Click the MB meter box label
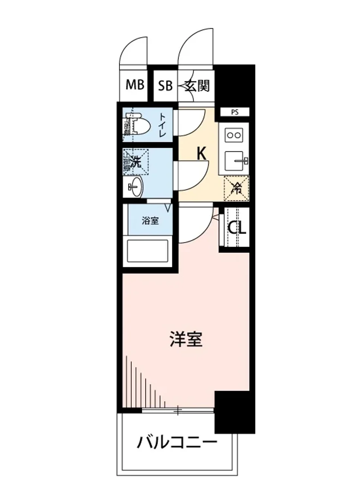[135, 85]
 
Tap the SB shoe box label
[165, 86]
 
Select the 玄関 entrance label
[197, 86]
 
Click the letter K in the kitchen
[201, 154]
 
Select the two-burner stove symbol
[234, 135]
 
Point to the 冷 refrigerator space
[236, 189]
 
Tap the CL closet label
[237, 228]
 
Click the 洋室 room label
[186, 339]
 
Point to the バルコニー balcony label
[177, 443]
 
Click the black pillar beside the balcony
[234, 411]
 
